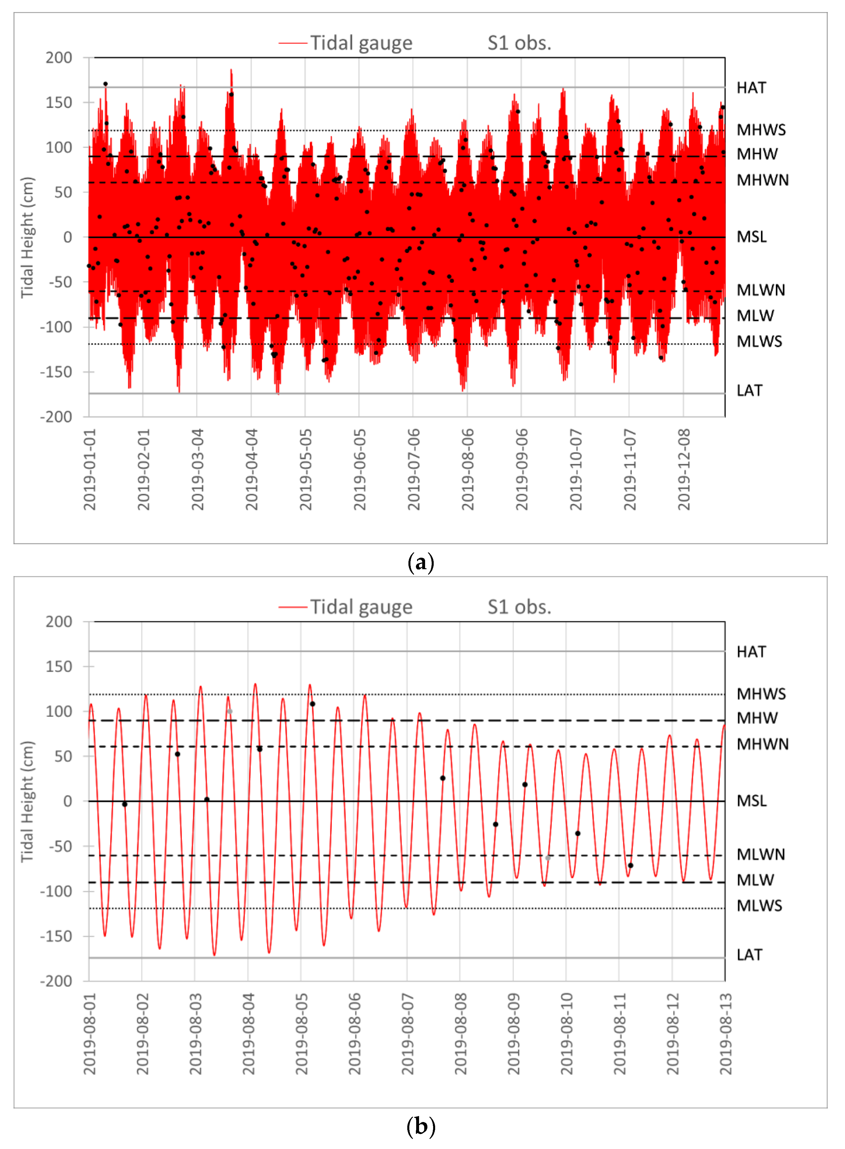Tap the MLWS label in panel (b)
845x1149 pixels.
[759, 905]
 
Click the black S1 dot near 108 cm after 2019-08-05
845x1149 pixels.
[313, 704]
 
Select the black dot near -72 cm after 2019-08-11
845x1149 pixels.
[630, 866]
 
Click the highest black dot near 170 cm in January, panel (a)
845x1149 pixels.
[105, 84]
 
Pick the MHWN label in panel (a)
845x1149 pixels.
[762, 180]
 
